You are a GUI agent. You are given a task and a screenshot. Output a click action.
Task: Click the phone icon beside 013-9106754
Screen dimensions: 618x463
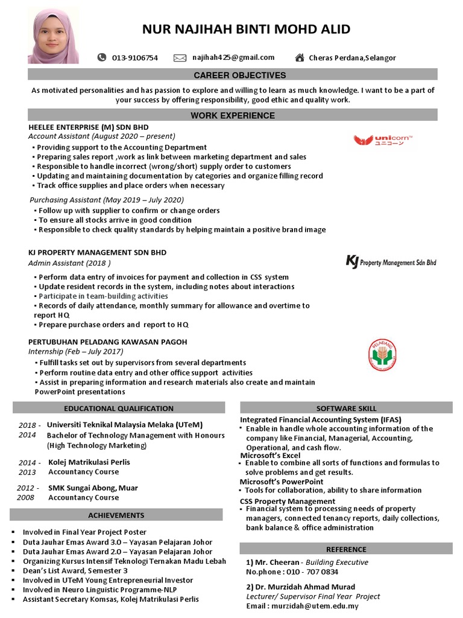pyautogui.click(x=101, y=58)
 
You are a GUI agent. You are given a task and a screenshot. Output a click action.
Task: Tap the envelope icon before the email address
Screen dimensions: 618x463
pyautogui.click(x=180, y=58)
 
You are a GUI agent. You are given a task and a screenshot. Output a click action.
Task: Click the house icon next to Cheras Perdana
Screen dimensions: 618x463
pyautogui.click(x=299, y=58)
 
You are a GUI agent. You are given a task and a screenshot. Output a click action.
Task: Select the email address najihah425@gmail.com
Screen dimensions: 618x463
pyautogui.click(x=233, y=58)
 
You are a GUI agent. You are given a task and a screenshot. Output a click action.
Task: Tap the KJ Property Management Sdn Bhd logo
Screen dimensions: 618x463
pyautogui.click(x=391, y=262)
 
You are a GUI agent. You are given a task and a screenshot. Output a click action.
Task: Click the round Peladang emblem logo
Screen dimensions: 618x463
pyautogui.click(x=383, y=355)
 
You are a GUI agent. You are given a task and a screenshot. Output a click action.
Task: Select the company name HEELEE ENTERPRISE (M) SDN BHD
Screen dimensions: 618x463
pyautogui.click(x=88, y=127)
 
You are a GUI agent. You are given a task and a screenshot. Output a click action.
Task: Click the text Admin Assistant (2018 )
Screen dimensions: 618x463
pyautogui.click(x=69, y=263)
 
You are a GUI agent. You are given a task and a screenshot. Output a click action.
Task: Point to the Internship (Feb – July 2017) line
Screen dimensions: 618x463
pyautogui.click(x=75, y=351)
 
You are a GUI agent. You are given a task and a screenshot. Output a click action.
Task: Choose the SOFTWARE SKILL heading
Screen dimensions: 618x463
pyautogui.click(x=346, y=409)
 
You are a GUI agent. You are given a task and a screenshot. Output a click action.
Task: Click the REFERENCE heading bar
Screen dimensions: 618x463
pyautogui.click(x=346, y=549)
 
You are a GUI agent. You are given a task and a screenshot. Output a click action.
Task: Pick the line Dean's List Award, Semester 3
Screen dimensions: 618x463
pyautogui.click(x=75, y=571)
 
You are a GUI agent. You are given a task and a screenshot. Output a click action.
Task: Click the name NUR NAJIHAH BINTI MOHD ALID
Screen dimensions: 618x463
pyautogui.click(x=245, y=30)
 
